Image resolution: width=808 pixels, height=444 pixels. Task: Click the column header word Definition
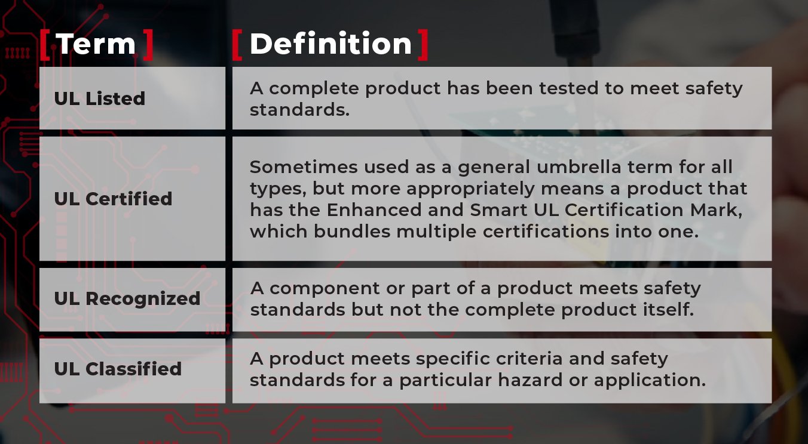tap(330, 44)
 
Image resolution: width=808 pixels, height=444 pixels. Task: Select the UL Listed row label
tap(100, 98)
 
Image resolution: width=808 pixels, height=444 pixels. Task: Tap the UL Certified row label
tap(113, 199)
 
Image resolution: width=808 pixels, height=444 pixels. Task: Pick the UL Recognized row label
tap(127, 298)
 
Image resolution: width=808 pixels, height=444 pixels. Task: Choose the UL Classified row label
tap(118, 369)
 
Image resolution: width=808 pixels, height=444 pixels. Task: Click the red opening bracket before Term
tap(45, 45)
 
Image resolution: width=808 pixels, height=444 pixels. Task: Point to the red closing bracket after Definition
tap(423, 45)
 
